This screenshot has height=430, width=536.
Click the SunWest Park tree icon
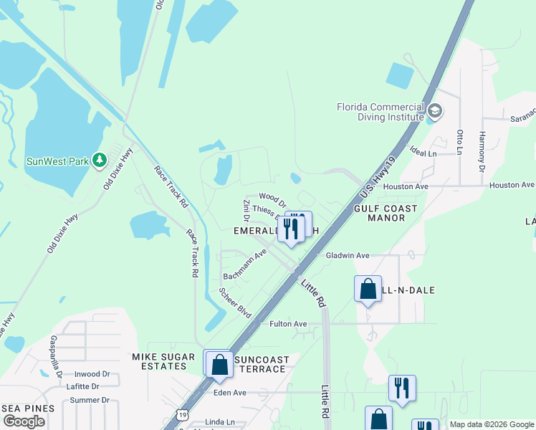coord(100,160)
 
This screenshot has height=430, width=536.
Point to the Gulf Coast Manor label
coord(386,212)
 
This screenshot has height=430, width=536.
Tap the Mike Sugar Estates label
coord(163,362)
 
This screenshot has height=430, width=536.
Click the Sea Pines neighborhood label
coord(28,408)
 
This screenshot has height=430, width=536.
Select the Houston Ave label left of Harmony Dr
coord(405,186)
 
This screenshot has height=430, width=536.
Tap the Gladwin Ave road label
coord(348,255)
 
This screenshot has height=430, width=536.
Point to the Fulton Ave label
coord(288,324)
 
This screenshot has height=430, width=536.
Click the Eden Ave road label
coord(229,393)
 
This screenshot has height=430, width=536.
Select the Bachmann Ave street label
coord(245,265)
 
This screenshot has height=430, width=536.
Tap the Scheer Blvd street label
coord(235,304)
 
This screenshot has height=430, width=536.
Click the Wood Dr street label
coord(272,196)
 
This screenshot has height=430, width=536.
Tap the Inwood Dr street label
coord(92,374)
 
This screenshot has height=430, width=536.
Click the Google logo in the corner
coord(24,421)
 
